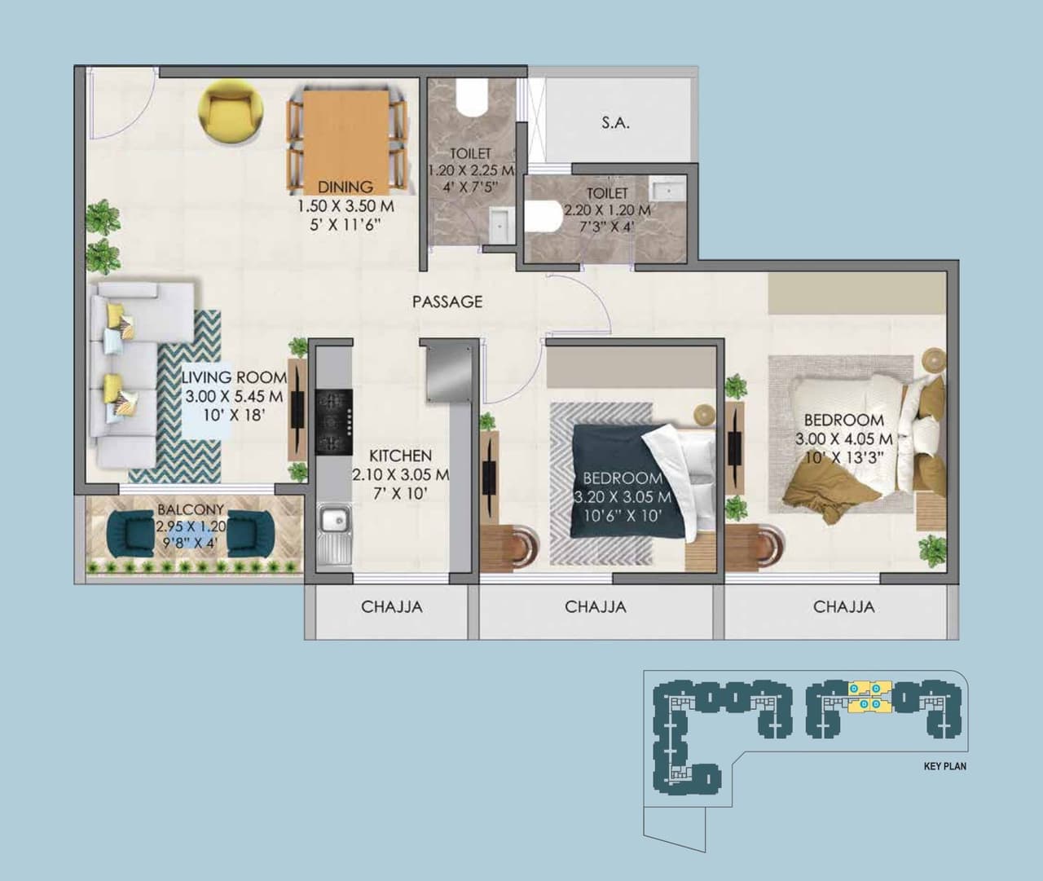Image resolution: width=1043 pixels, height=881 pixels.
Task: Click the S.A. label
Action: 615,124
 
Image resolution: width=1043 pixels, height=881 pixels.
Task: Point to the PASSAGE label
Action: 447,302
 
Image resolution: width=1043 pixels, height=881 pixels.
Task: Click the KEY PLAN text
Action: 945,766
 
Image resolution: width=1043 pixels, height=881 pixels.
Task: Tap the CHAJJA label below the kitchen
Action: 391,607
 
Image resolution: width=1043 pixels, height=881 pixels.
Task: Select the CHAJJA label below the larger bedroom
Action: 843,607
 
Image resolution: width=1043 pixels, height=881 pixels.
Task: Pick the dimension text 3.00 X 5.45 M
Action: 233,397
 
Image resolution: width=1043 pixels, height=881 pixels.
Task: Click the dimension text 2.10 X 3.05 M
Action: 400,474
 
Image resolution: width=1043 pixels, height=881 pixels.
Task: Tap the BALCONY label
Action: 191,511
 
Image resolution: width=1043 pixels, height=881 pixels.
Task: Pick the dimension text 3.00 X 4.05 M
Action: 843,439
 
